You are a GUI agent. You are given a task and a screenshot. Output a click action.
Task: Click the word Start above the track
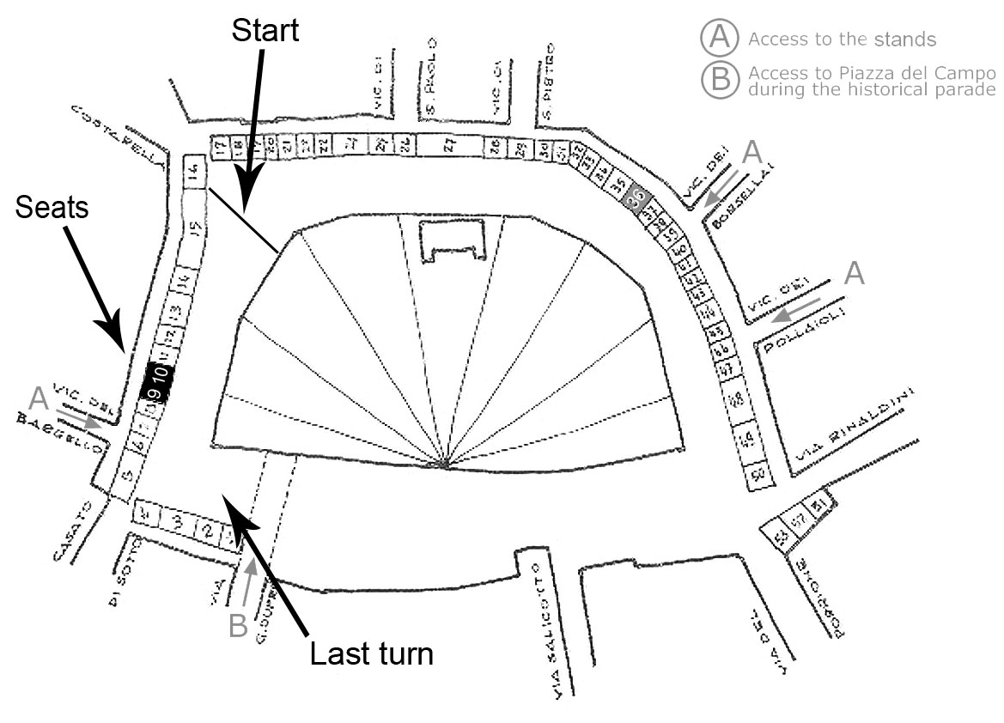(x=265, y=30)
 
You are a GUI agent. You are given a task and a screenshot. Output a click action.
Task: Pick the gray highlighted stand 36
(x=636, y=197)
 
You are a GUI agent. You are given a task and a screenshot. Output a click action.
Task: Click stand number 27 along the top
(x=448, y=147)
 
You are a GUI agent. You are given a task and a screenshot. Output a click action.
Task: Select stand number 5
(x=126, y=477)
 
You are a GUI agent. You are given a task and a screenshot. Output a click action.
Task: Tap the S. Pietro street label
(x=546, y=82)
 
